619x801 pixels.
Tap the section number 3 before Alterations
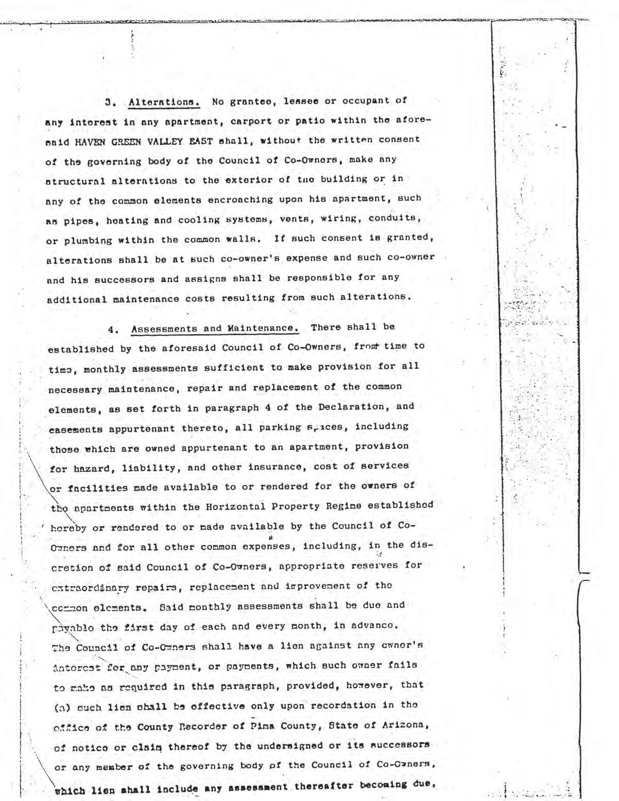pyautogui.click(x=108, y=101)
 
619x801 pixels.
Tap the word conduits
pyautogui.click(x=400, y=218)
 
